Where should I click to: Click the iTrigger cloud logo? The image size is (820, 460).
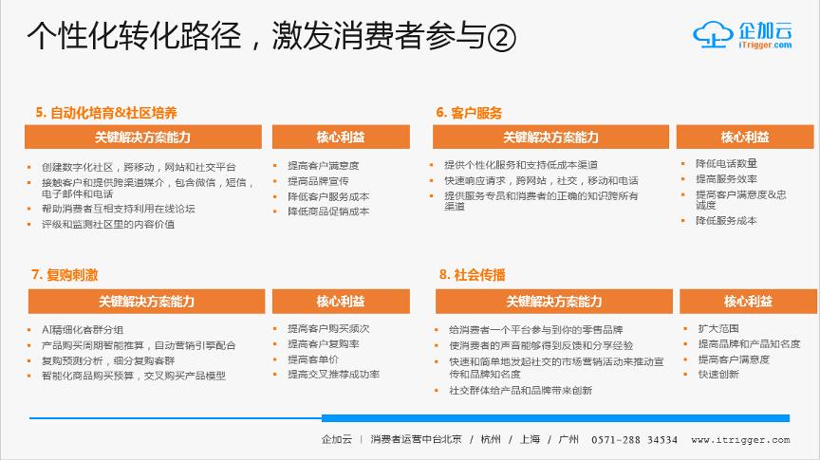(x=741, y=34)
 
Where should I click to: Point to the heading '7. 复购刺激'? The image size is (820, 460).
(x=65, y=274)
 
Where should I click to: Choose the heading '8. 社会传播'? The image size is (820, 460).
(x=472, y=274)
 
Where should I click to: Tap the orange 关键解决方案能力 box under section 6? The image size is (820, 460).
(x=550, y=138)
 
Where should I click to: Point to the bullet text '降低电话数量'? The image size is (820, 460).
(x=726, y=163)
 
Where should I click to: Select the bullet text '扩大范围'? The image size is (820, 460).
(x=717, y=328)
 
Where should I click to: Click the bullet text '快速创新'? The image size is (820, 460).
(x=717, y=375)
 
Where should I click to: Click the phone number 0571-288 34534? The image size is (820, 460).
(x=634, y=440)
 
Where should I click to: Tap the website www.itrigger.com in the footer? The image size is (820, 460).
(x=740, y=440)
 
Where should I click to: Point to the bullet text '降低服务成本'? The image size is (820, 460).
(x=726, y=221)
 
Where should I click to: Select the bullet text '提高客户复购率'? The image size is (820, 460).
(x=323, y=344)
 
